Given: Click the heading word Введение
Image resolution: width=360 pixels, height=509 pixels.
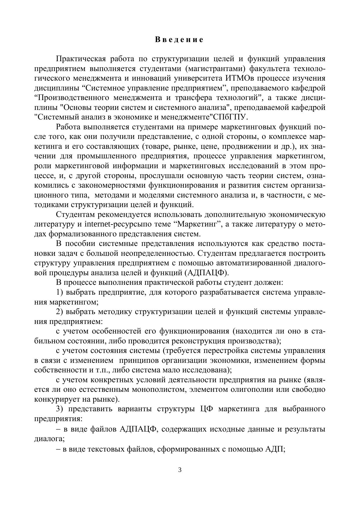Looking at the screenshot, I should (x=179, y=40).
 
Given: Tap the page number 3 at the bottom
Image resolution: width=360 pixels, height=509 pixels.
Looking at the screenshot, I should (x=180, y=470).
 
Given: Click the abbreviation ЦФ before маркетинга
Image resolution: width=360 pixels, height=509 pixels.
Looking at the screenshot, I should (x=207, y=409).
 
